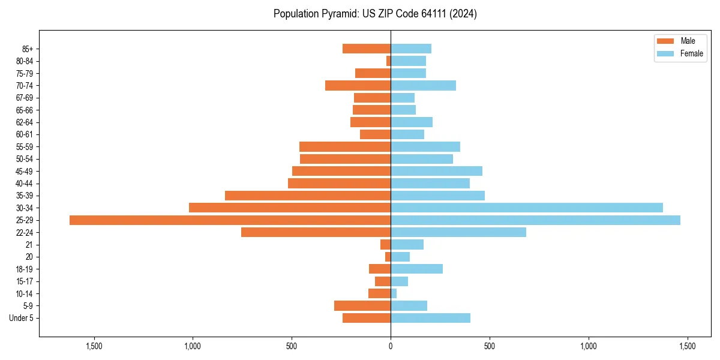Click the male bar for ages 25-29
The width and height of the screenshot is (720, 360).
click(x=230, y=220)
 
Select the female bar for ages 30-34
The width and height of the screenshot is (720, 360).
click(x=526, y=208)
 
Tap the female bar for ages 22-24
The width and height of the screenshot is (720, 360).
click(x=458, y=232)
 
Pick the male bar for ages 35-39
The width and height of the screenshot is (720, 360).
click(x=308, y=196)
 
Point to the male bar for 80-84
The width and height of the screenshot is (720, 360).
click(x=388, y=61)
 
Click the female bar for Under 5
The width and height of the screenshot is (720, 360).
click(x=430, y=318)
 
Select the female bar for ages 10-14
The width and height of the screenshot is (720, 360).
click(x=394, y=293)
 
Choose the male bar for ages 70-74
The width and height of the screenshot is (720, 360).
click(x=358, y=85)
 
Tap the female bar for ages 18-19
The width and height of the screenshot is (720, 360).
click(x=416, y=269)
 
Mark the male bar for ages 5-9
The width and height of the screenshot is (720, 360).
click(x=362, y=305)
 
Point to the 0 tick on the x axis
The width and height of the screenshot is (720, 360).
click(x=391, y=346)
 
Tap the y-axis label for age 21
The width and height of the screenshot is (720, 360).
click(x=29, y=245)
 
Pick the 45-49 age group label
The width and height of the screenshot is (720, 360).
click(x=25, y=171)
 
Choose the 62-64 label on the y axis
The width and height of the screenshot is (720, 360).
click(x=25, y=122)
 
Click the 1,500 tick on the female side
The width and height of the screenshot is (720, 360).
click(x=688, y=346)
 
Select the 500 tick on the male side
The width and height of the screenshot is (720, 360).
click(x=292, y=346)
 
